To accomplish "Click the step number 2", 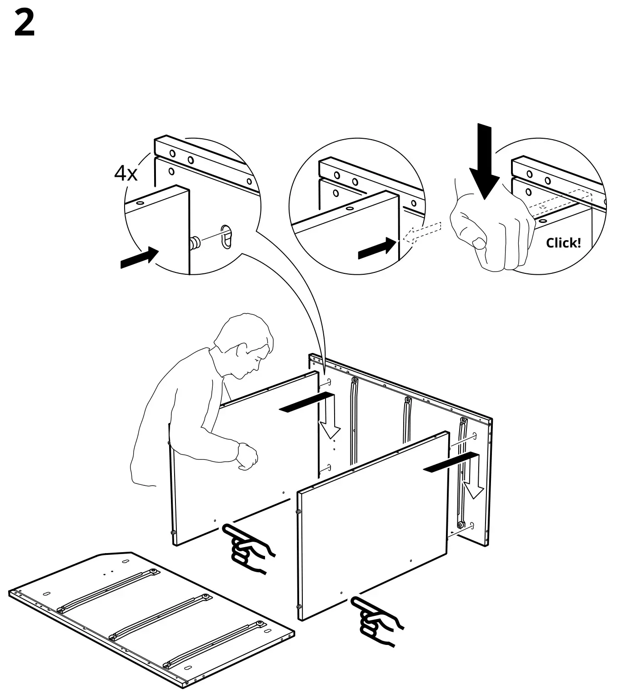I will click(25, 24).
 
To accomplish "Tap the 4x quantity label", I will click(125, 173).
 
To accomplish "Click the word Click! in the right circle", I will click(563, 243).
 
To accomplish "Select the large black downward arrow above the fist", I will click(485, 161).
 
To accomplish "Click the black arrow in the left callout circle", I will click(140, 258).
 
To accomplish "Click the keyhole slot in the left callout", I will click(226, 236).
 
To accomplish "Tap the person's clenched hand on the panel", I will click(247, 456).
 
